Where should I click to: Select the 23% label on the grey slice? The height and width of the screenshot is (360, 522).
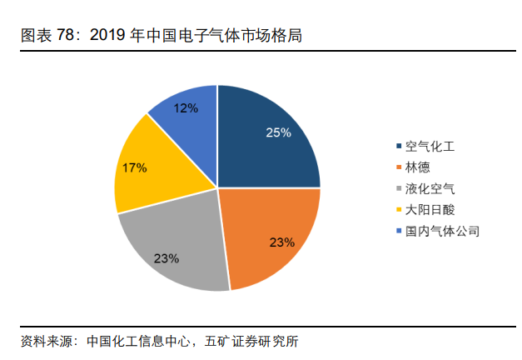click(167, 257)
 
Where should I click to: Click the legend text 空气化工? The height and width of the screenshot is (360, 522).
click(430, 147)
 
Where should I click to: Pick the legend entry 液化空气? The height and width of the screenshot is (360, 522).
click(430, 188)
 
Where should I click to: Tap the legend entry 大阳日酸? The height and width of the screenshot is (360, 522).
click(430, 209)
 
